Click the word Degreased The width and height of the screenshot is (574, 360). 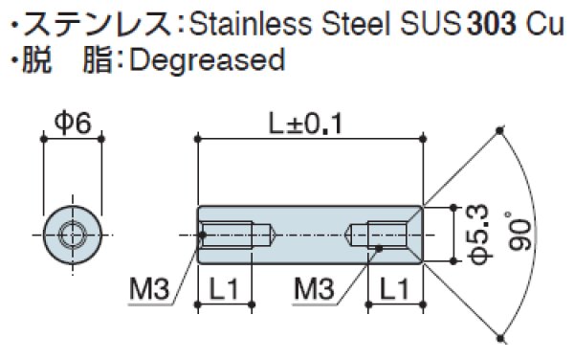[x=206, y=59]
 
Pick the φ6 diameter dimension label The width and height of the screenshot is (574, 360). [x=72, y=122]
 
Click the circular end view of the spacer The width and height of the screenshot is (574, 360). [x=72, y=233]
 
